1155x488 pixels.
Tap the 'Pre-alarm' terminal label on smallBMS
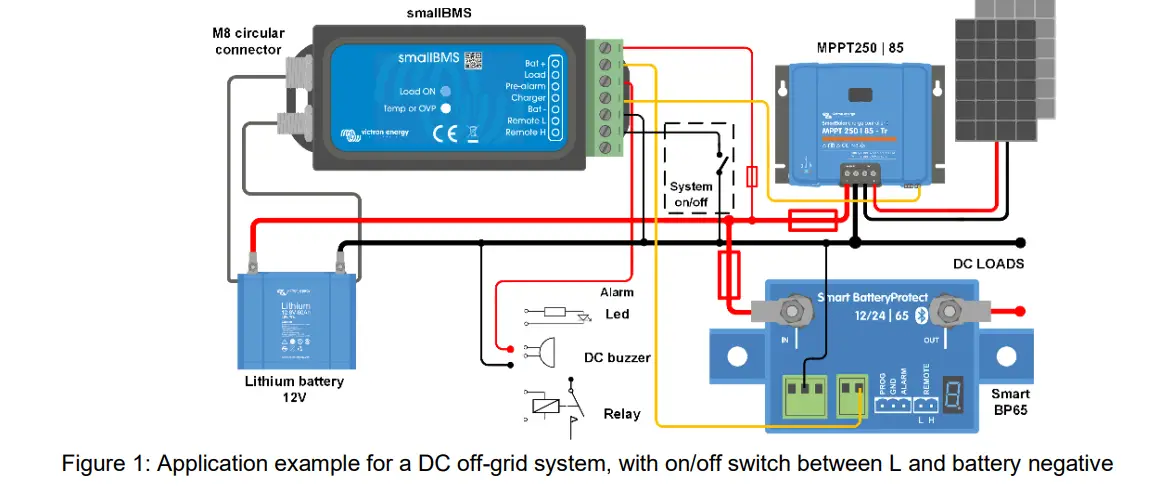[525, 86]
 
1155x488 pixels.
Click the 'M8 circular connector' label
[247, 41]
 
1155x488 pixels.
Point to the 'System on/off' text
[691, 194]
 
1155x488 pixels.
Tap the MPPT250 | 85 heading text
[859, 47]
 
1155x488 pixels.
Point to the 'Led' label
[617, 314]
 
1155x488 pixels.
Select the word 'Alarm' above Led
[617, 292]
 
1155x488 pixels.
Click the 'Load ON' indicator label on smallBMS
[419, 91]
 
